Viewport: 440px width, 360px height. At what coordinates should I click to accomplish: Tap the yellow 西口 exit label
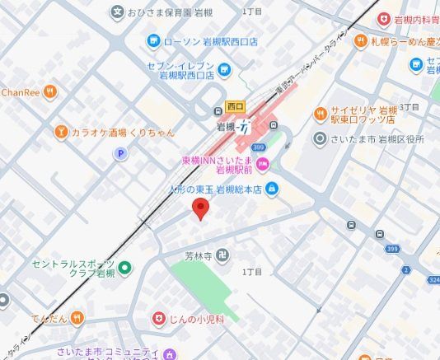click(x=235, y=107)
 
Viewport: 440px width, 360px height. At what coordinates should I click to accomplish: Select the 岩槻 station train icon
click(x=244, y=127)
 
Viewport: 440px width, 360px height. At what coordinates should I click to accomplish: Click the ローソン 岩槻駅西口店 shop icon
click(x=152, y=40)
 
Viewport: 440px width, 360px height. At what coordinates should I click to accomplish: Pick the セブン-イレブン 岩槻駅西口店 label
click(x=180, y=71)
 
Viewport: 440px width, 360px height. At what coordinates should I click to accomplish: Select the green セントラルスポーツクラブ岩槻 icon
click(x=124, y=266)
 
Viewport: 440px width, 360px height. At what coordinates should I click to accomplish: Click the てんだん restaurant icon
click(x=77, y=316)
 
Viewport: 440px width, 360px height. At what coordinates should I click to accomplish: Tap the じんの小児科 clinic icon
click(x=159, y=317)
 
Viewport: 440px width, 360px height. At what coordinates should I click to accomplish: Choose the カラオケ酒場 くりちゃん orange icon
click(x=60, y=132)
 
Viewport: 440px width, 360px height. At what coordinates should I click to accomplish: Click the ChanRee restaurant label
click(x=21, y=91)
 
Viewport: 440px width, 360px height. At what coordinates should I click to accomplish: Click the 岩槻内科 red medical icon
click(x=384, y=17)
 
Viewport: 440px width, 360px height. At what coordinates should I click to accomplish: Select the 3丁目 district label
click(x=410, y=108)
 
